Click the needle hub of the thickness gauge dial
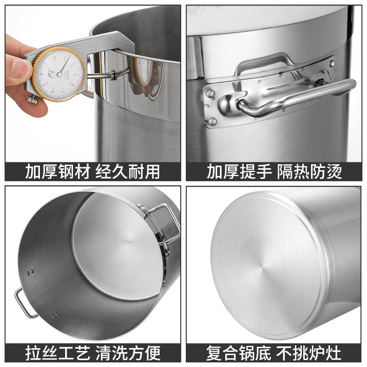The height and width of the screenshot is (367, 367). tap(60, 74)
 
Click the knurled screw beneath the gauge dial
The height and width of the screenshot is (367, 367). tap(32, 100)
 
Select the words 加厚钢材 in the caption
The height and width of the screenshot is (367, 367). tap(58, 172)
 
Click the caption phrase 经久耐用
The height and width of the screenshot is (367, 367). tap(128, 172)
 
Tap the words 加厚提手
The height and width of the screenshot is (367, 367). tap(239, 172)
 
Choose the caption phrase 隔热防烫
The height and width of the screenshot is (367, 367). tap(309, 172)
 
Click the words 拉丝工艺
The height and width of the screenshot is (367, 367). tap(58, 353)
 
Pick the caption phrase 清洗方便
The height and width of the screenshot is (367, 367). tap(128, 353)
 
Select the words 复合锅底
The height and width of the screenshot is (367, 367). tap(239, 353)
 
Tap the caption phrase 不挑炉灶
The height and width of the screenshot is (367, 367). tap(309, 353)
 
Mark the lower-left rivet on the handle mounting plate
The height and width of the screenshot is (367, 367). tap(213, 122)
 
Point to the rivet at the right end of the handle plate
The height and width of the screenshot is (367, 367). tap(332, 63)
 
